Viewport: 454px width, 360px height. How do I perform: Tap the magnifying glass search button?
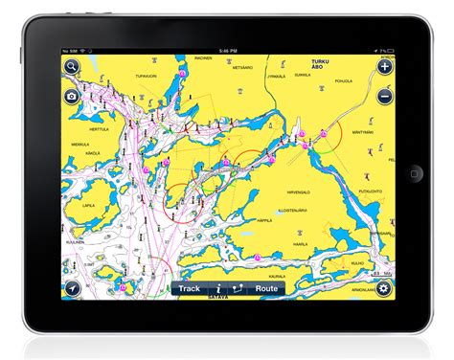click(71, 67)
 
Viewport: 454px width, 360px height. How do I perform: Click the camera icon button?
click(71, 97)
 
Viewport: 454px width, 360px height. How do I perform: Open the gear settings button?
click(383, 288)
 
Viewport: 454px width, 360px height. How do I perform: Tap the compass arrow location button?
click(71, 288)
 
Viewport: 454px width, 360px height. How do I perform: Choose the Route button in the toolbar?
click(266, 288)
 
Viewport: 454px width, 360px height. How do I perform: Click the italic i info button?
click(218, 288)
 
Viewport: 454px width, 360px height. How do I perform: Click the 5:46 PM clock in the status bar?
click(227, 51)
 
